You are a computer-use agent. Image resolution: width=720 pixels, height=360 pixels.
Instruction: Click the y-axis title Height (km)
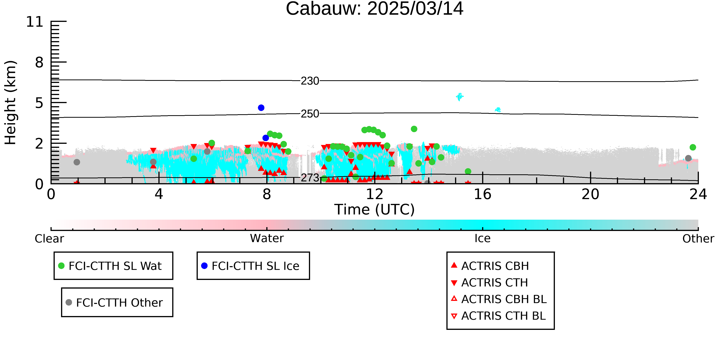[10, 103]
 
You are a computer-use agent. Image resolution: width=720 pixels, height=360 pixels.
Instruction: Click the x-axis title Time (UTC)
[375, 210]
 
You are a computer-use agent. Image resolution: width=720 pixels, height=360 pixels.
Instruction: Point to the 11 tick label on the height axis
[35, 22]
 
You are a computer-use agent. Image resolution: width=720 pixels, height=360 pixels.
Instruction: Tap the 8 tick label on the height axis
[39, 62]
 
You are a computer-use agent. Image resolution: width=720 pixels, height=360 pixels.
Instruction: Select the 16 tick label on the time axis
[483, 194]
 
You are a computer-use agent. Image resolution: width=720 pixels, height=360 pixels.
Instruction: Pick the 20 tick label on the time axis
[591, 194]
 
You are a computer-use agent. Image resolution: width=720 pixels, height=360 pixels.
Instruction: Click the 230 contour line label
[310, 81]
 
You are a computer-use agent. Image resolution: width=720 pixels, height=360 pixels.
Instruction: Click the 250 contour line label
[310, 114]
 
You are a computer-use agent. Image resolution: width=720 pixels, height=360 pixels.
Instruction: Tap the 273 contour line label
[310, 178]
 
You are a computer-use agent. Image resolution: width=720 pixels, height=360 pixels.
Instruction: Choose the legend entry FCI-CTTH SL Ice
[250, 266]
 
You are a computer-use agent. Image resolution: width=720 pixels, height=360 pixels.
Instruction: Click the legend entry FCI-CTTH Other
[114, 302]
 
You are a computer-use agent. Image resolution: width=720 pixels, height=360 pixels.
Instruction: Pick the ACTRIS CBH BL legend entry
[499, 299]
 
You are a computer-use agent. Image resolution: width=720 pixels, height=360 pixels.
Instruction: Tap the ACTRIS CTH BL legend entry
[498, 316]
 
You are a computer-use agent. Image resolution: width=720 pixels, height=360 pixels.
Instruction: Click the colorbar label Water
[267, 238]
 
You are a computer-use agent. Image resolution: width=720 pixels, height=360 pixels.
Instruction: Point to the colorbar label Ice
[483, 238]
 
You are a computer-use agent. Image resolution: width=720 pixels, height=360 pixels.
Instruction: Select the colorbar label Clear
[50, 239]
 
